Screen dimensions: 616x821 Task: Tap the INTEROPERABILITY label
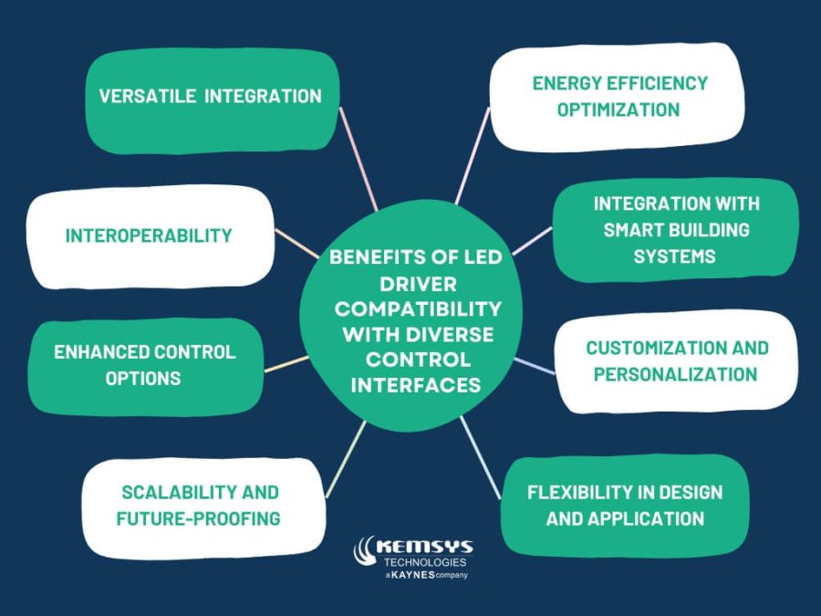point(149,235)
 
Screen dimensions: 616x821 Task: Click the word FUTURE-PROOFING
point(198,519)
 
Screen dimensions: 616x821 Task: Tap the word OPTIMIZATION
point(618,110)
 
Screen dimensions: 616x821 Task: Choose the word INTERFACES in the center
point(415,385)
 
